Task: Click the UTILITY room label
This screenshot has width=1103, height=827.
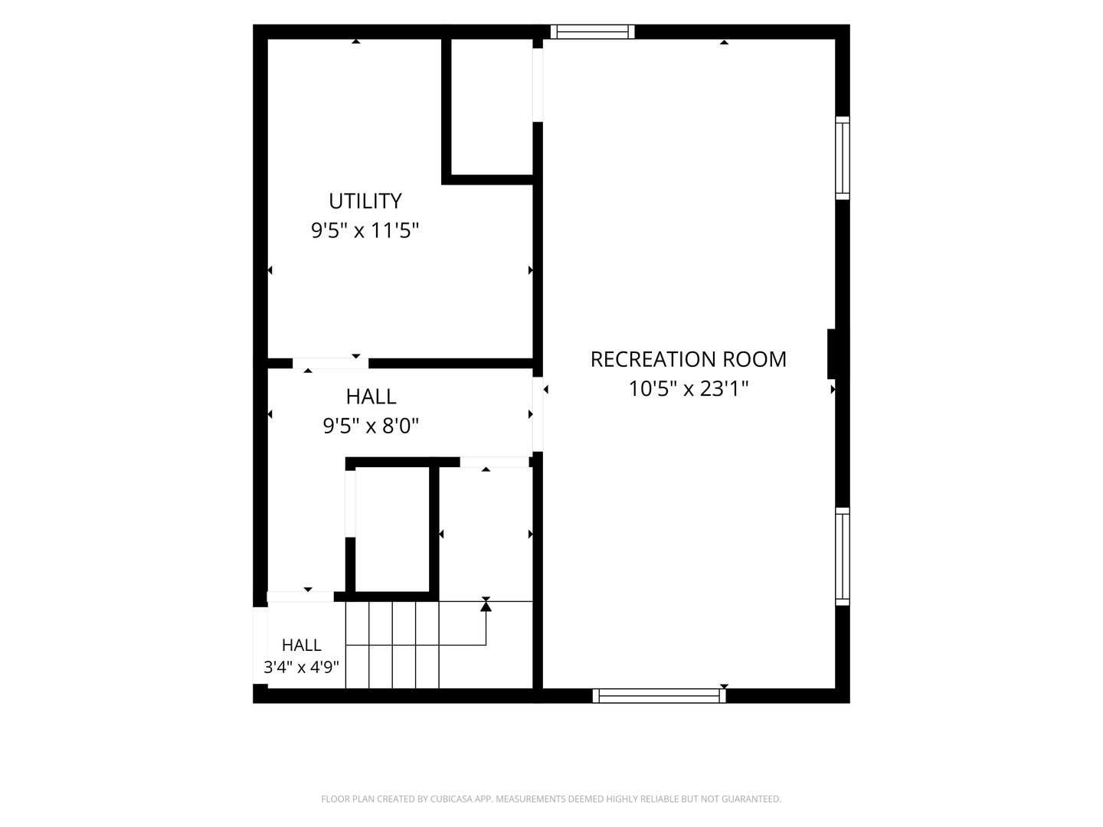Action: tap(365, 201)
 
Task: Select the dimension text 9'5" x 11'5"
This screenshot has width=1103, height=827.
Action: tap(365, 231)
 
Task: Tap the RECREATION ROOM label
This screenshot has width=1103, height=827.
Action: tap(689, 360)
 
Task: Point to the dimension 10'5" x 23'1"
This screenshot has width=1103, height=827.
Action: tap(689, 389)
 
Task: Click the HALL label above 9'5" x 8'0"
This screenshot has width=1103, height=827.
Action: tap(371, 397)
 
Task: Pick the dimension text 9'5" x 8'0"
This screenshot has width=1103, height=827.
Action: tap(371, 427)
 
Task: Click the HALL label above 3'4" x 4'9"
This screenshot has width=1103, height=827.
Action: tap(302, 645)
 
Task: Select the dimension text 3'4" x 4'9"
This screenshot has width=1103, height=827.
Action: tap(302, 667)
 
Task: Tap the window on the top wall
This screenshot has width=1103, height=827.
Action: tap(592, 31)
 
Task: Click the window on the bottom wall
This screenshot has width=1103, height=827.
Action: tap(660, 695)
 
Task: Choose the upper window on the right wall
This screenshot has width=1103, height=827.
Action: tap(843, 159)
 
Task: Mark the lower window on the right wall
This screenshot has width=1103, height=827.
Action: tap(843, 557)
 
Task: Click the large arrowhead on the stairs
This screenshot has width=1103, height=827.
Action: tap(486, 606)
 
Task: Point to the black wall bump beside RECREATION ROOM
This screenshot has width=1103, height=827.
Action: tap(832, 354)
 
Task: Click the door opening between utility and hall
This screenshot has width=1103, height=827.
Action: tap(330, 363)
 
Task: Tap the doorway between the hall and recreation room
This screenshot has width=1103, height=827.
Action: tap(538, 414)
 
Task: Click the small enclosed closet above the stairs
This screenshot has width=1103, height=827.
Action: tap(392, 529)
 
